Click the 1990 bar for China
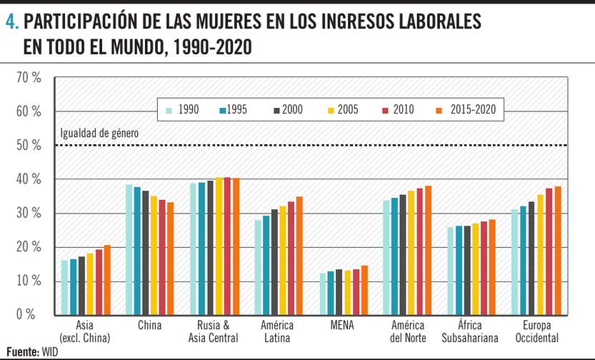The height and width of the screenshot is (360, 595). point(129,249)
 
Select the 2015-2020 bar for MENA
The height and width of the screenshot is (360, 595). point(364,290)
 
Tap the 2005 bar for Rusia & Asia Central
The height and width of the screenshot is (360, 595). point(219,246)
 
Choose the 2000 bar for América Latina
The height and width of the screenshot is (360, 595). point(275,261)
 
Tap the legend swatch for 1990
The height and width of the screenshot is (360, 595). point(169,110)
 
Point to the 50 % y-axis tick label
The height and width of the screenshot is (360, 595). point(29,146)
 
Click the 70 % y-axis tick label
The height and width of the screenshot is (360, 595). point(29,78)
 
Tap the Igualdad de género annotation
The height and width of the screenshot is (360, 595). point(99,133)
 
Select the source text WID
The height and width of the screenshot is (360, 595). point(49,351)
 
